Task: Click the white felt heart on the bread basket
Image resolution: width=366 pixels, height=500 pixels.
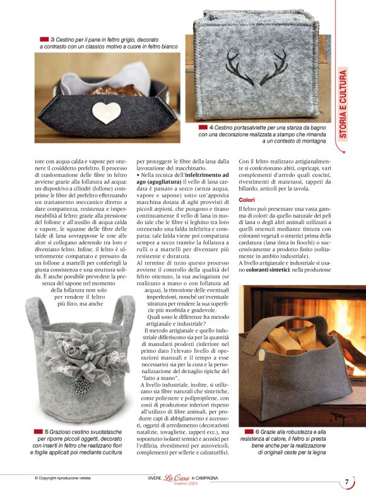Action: (106, 112)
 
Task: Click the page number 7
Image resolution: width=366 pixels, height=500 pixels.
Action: (346, 482)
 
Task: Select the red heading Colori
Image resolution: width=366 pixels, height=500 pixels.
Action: (247, 199)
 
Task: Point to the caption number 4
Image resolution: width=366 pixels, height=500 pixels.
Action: (211, 126)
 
